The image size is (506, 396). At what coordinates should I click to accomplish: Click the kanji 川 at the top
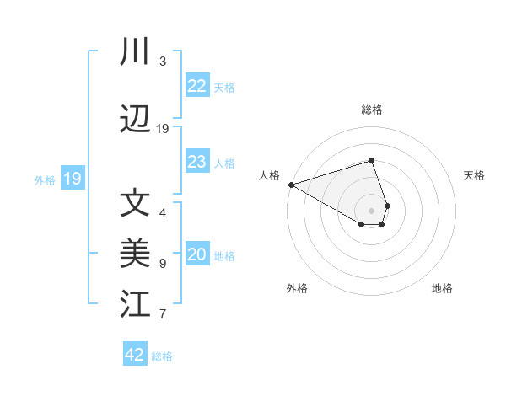point(134,53)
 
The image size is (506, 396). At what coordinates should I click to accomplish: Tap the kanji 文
point(135,205)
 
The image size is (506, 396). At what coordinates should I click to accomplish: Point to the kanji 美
point(135,254)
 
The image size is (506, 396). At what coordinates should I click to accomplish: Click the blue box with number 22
point(197,86)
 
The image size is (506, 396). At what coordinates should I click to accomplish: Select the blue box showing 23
point(197,162)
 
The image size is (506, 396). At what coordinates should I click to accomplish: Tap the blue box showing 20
point(197,255)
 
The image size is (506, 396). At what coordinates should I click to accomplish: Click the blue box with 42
point(135,355)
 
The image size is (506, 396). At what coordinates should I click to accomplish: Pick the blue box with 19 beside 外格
point(72,179)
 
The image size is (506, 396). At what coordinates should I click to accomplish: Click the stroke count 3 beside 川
point(163,62)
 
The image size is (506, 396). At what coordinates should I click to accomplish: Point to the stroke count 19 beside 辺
point(163,129)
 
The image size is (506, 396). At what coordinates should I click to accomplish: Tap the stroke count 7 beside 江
point(163,314)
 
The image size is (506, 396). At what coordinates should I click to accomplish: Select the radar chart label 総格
point(372,110)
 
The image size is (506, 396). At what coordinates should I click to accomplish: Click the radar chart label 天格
point(474,175)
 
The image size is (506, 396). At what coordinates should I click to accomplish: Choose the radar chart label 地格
point(442,288)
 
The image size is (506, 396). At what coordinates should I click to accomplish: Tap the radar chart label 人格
point(269,175)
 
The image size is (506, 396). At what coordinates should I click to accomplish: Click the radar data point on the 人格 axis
point(291,185)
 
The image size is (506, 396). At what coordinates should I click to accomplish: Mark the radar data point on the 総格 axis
point(371,160)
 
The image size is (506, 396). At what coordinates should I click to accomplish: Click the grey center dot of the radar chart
point(371,210)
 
